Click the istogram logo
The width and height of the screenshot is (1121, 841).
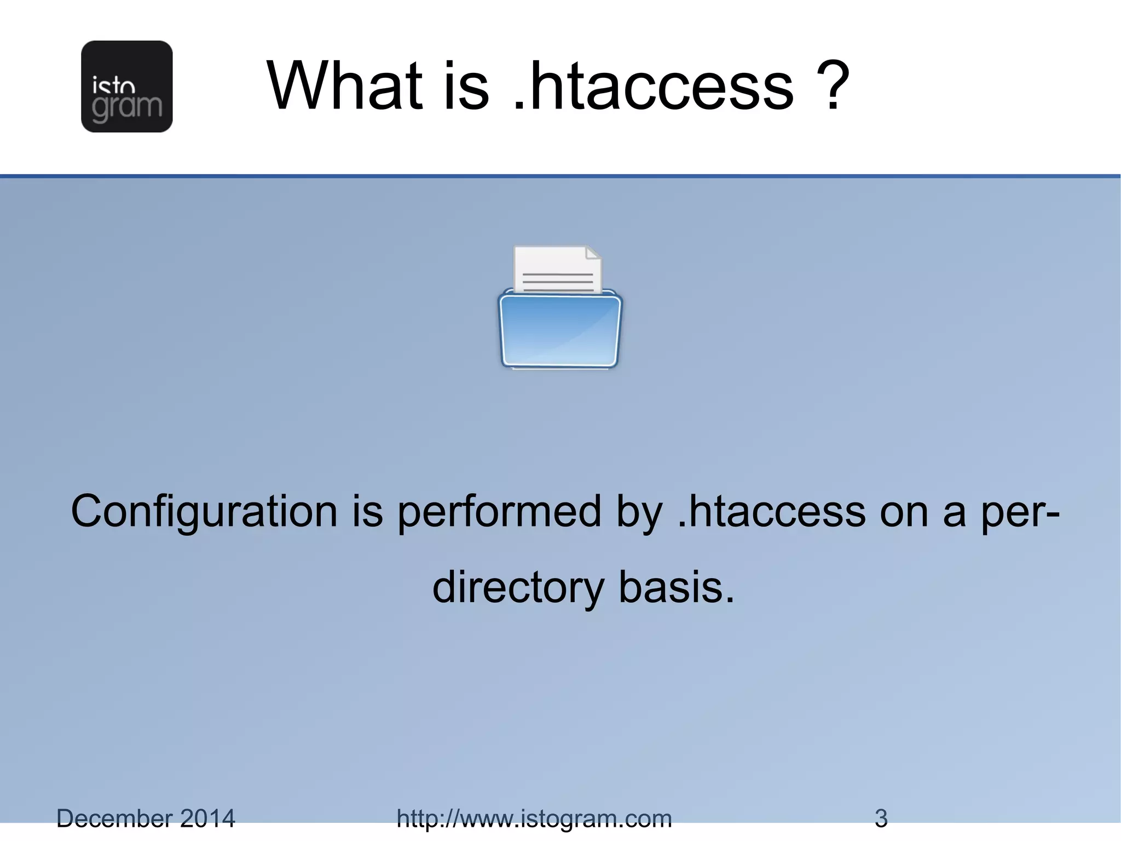tap(126, 87)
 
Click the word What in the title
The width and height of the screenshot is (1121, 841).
tap(345, 87)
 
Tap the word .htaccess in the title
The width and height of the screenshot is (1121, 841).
tap(654, 87)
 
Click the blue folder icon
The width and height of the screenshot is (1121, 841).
tap(560, 330)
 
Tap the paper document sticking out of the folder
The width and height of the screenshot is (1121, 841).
tap(557, 269)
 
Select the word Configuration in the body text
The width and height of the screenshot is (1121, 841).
tap(204, 511)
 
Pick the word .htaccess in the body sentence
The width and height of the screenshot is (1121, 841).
tap(771, 511)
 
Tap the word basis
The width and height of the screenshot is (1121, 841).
tap(676, 587)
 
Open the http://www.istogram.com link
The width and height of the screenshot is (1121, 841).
tap(534, 819)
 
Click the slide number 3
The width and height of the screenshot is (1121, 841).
tap(881, 819)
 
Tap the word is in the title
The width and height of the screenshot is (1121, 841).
tap(466, 87)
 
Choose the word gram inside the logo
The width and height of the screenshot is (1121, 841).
tap(127, 107)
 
